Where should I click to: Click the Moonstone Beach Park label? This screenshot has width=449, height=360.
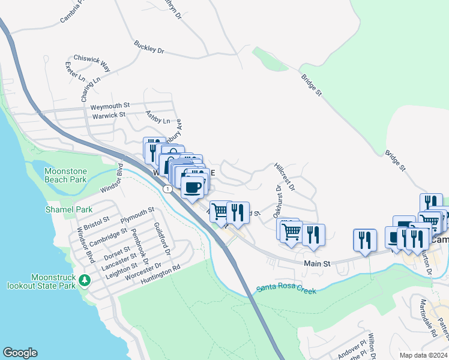(x=65, y=176)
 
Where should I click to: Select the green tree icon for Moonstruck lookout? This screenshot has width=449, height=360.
(x=85, y=280)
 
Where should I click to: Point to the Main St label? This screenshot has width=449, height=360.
(x=317, y=263)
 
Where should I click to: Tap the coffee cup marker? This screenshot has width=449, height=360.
(x=193, y=187)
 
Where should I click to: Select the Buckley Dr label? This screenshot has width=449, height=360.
(x=149, y=47)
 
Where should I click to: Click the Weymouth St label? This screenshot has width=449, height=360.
(x=110, y=106)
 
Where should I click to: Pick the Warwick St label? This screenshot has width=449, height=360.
(x=108, y=114)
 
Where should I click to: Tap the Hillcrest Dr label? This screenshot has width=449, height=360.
(x=284, y=176)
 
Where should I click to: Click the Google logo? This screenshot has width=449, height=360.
(x=20, y=353)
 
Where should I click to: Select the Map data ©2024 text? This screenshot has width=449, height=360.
(x=423, y=355)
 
